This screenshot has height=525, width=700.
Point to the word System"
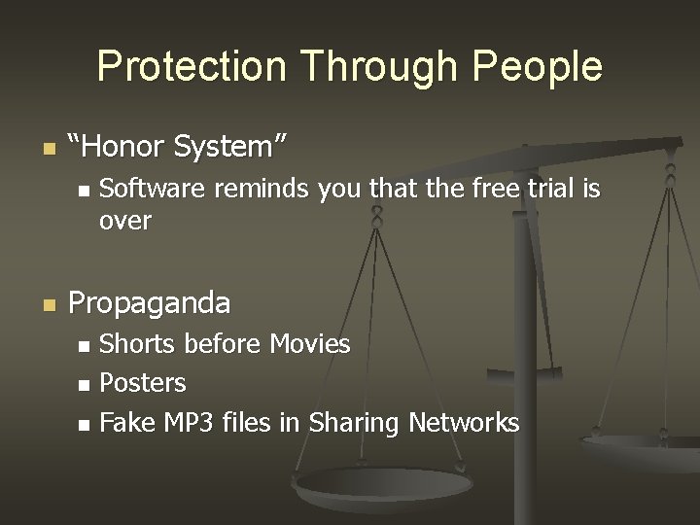tap(229, 149)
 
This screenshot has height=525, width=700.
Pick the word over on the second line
tap(125, 222)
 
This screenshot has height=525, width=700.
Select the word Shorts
tap(138, 343)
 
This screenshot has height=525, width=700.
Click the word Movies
tap(310, 343)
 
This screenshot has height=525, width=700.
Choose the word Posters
tap(143, 383)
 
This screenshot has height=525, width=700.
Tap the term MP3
tap(185, 423)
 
